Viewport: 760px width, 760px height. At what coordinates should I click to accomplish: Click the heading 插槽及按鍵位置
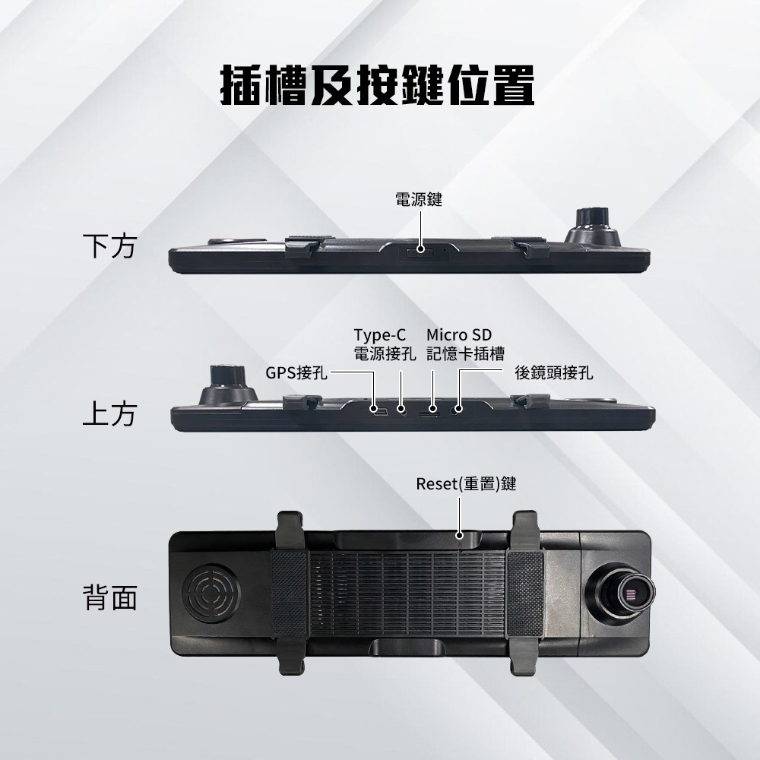(378, 85)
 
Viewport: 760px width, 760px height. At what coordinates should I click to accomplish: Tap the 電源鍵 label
(419, 200)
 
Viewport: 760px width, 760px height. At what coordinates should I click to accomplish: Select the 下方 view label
(109, 246)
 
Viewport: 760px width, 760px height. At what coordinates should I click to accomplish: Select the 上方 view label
(109, 414)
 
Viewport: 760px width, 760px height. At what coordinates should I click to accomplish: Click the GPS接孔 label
(296, 372)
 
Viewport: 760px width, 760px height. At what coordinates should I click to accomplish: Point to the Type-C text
(380, 335)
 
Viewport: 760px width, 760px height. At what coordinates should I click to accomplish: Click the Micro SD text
(459, 335)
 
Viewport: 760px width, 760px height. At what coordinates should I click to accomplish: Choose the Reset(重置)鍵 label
(466, 483)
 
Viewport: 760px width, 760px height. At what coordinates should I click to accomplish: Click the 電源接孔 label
(385, 354)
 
